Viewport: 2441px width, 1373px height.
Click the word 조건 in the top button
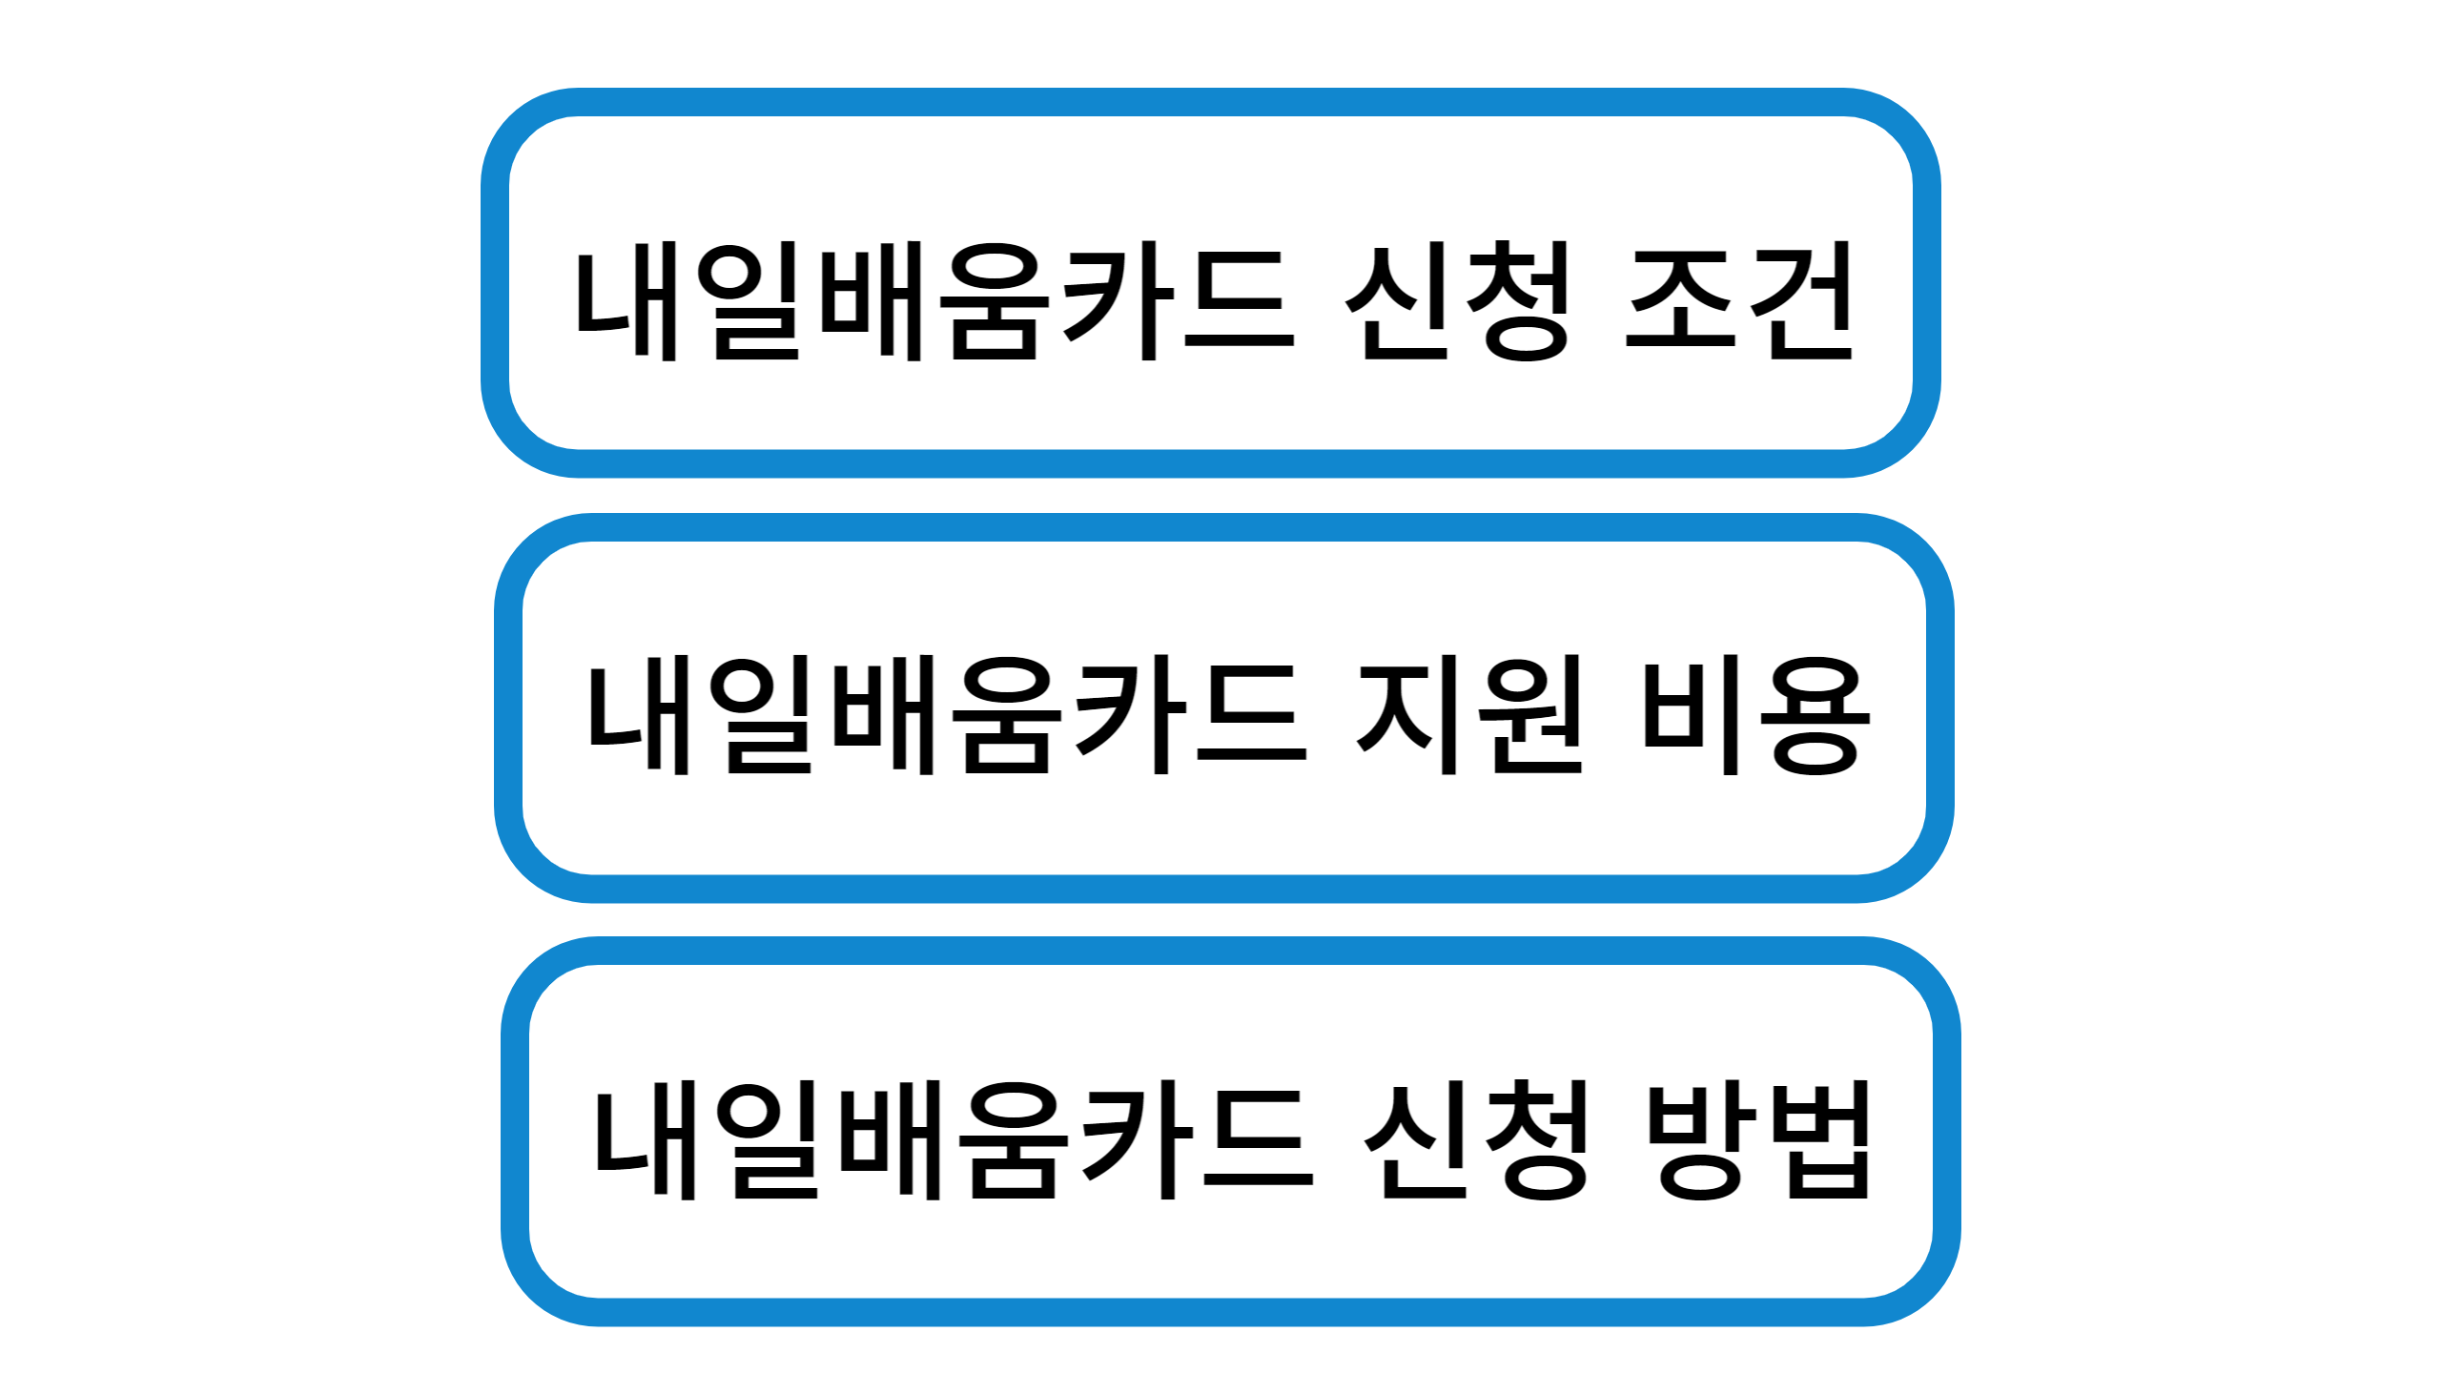(1739, 301)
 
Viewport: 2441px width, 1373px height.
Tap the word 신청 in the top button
(1457, 301)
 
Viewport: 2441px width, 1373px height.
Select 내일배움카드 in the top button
(934, 301)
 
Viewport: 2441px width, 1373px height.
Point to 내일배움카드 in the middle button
(946, 715)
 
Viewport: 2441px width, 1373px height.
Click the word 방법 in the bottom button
(1760, 1140)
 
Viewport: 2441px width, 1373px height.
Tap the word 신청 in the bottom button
(1476, 1140)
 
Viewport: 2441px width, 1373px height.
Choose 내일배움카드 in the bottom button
(954, 1140)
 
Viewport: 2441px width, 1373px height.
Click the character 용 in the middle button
(1815, 715)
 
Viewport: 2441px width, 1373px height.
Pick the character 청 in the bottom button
(1535, 1140)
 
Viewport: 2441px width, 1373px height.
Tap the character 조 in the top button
(1682, 301)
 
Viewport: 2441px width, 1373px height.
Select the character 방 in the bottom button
(1703, 1140)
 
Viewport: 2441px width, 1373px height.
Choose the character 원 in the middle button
(1531, 715)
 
